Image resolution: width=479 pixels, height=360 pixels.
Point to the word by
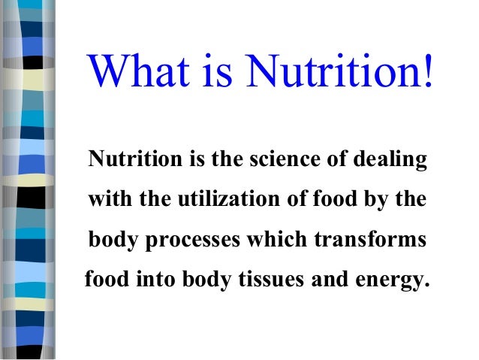tap(378, 201)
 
